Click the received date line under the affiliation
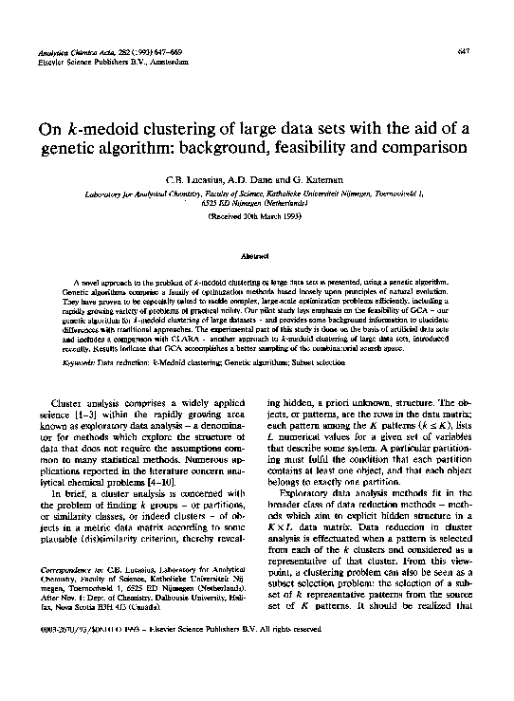pos(256,217)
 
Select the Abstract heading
pos(256,256)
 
